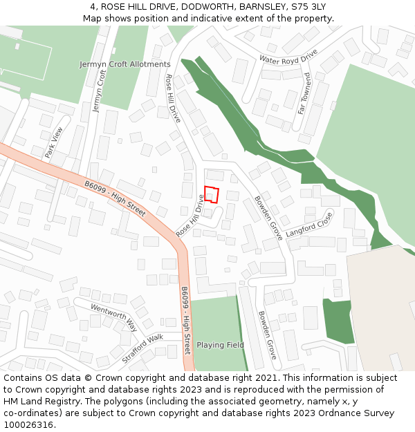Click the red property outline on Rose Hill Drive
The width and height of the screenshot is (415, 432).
pyautogui.click(x=212, y=194)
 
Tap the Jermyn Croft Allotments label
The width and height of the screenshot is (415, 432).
pyautogui.click(x=124, y=64)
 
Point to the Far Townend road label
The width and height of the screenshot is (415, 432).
pyautogui.click(x=303, y=93)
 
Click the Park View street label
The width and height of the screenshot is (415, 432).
pyautogui.click(x=53, y=142)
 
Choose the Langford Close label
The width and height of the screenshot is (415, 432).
pyautogui.click(x=309, y=225)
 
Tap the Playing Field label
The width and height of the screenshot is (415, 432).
pyautogui.click(x=220, y=345)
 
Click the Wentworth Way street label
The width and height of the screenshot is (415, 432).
pyautogui.click(x=114, y=317)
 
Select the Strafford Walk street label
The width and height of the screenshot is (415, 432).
pyautogui.click(x=142, y=348)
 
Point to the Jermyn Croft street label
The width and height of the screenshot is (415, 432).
pyautogui.click(x=99, y=90)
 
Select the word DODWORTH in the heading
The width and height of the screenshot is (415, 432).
pyautogui.click(x=191, y=7)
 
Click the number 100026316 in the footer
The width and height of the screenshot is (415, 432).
pyautogui.click(x=28, y=425)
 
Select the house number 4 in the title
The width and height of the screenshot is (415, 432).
pyautogui.click(x=93, y=7)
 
